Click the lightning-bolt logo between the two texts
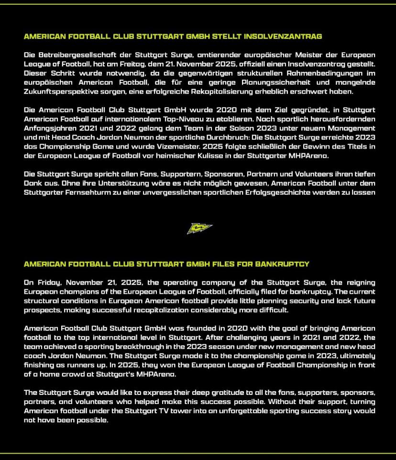[199, 229]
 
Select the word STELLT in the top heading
[227, 36]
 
